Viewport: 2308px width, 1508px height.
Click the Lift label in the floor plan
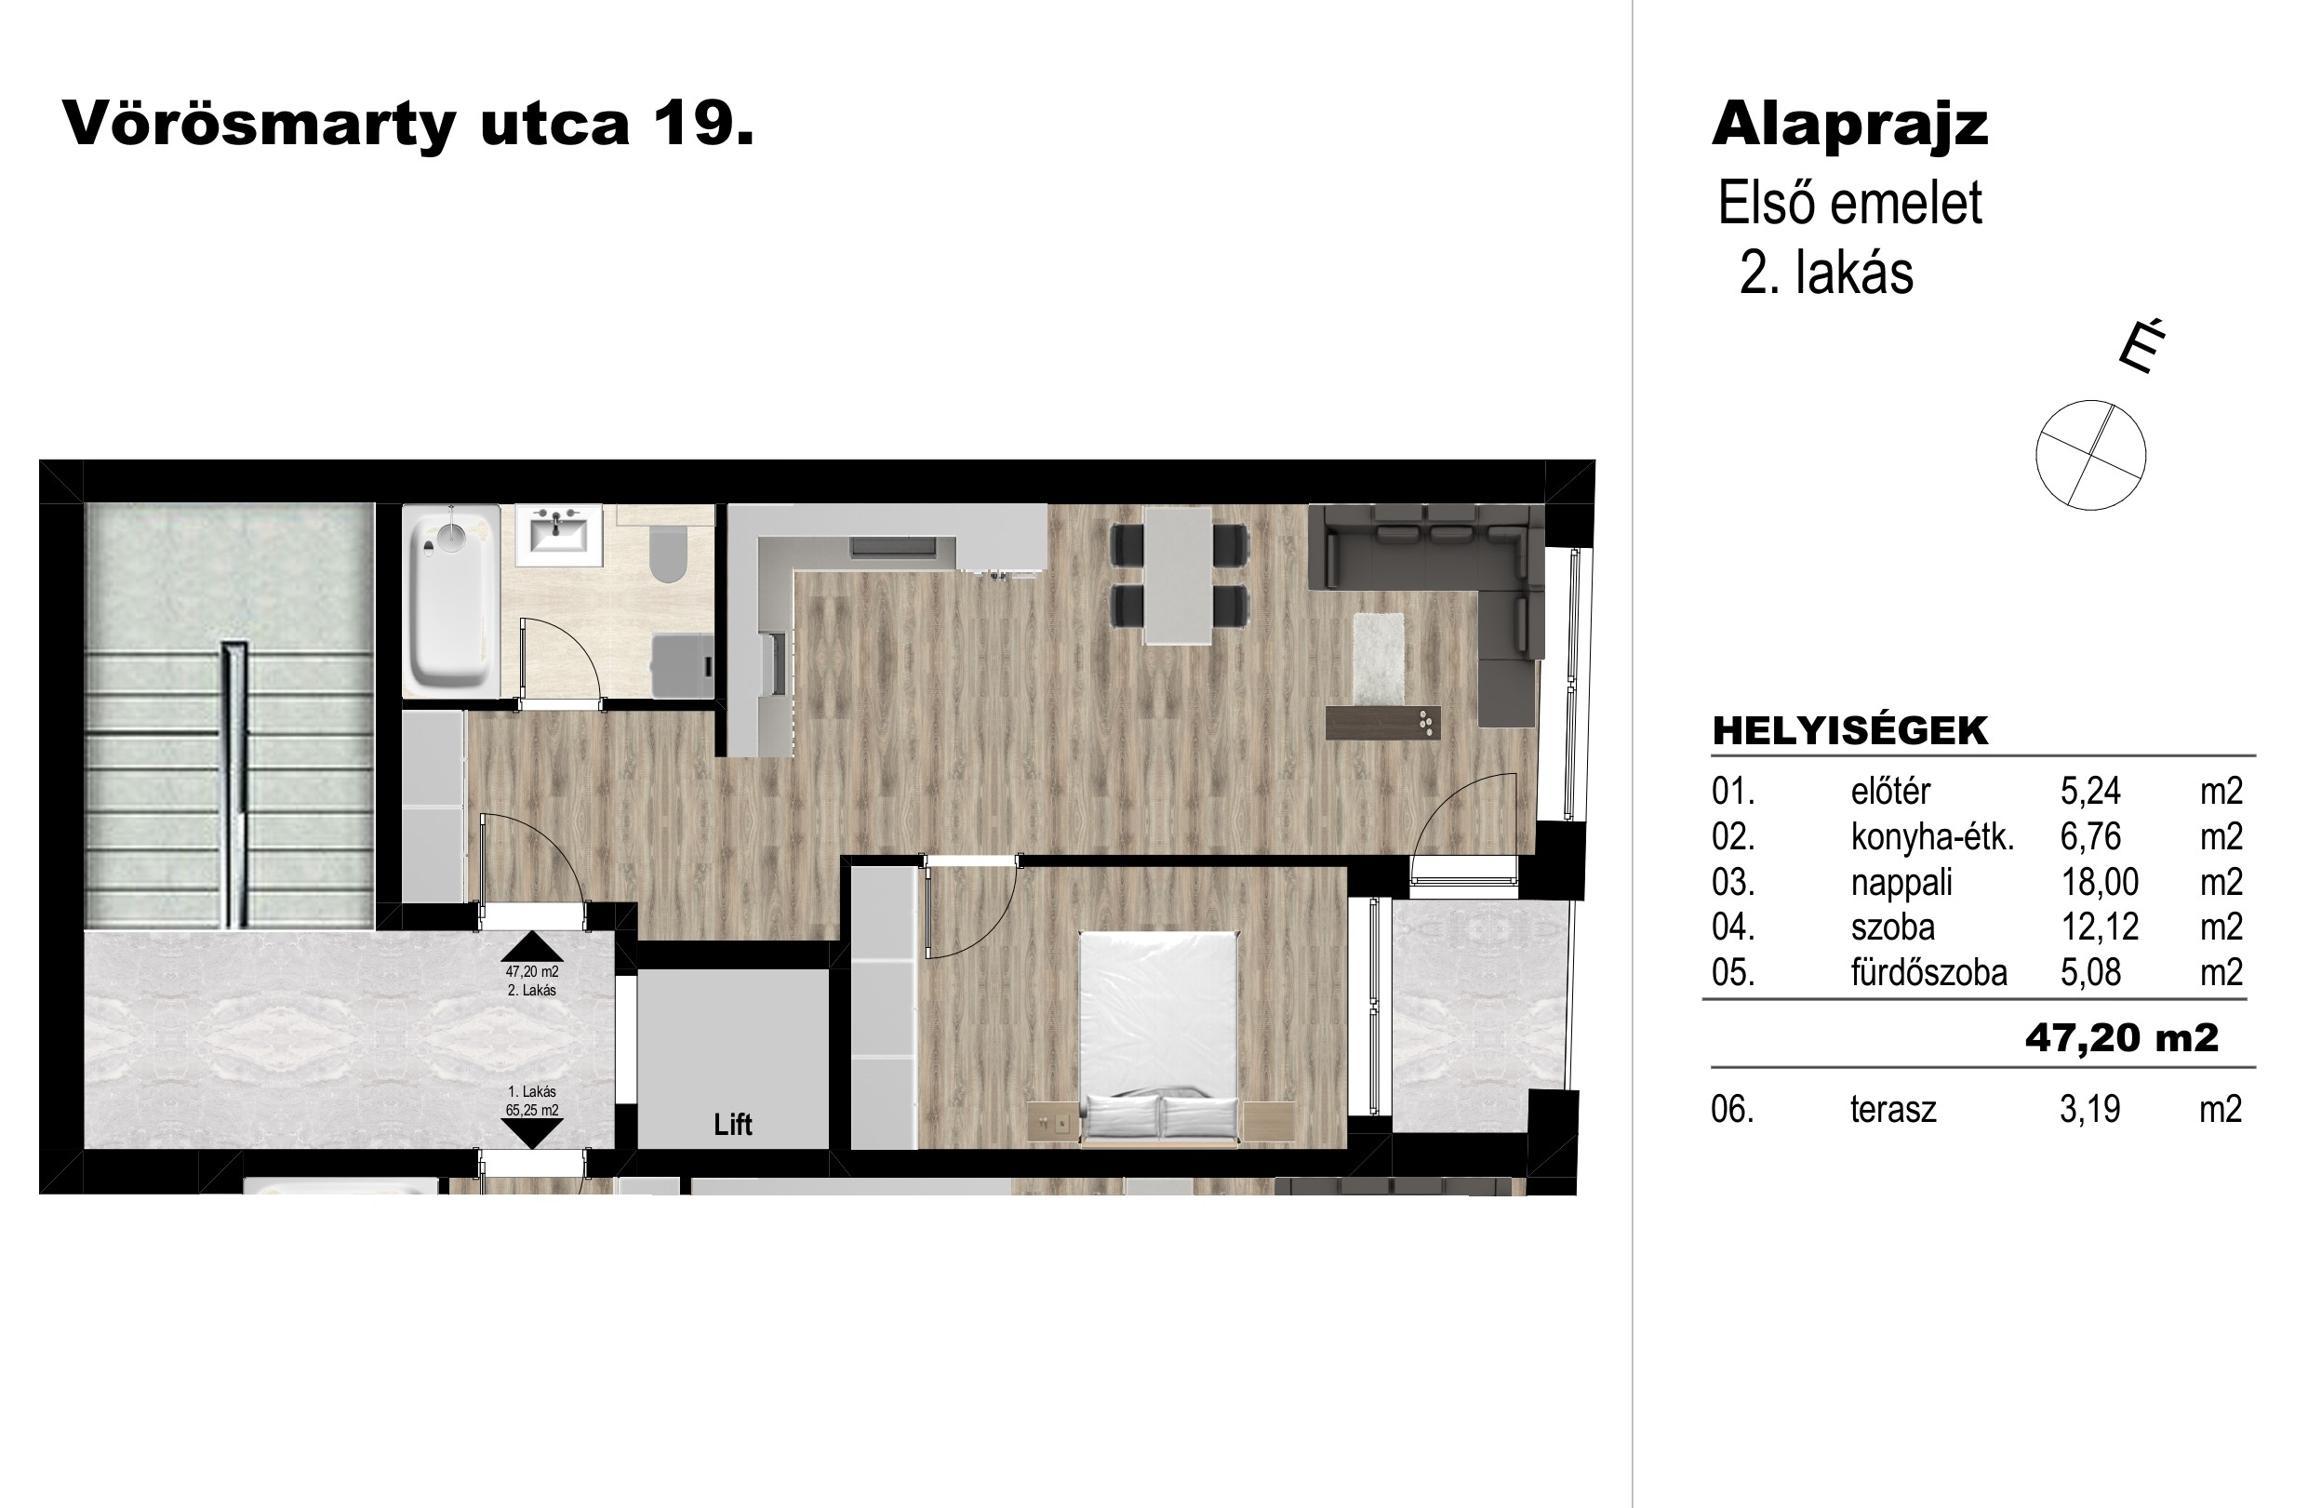[x=732, y=1124]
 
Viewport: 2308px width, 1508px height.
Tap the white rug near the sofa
[x=1378, y=659]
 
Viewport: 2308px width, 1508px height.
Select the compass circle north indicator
[x=2090, y=455]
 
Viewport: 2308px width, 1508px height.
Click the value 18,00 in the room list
[x=2099, y=883]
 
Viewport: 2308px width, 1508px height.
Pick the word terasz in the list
[x=1893, y=1110]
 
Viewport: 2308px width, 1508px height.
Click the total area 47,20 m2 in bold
[x=2122, y=1038]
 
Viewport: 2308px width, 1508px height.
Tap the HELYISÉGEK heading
[x=1849, y=731]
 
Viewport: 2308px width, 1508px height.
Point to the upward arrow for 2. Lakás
[x=531, y=945]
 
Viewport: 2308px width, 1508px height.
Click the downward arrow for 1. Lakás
[x=531, y=1134]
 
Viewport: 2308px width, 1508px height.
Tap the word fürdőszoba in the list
[x=1928, y=973]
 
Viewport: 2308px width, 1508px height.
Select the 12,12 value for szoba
[x=2099, y=928]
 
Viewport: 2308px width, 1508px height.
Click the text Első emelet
[x=1849, y=204]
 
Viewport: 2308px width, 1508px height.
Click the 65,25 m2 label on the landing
[x=531, y=1111]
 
